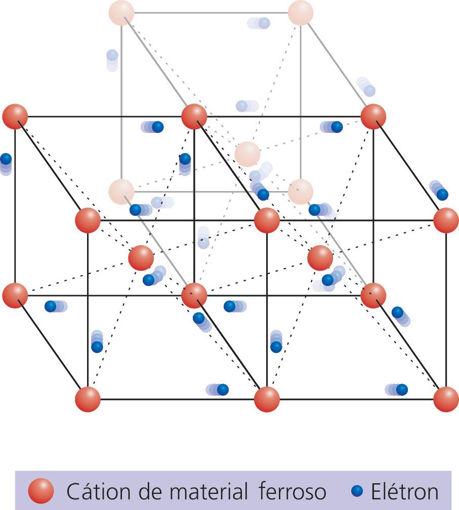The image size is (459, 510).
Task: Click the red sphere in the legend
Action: tap(41, 491)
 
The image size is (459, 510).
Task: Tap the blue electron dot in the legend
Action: tap(358, 490)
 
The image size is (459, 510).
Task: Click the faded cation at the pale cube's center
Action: tap(247, 154)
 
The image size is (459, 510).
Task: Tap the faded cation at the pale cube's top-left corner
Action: tap(121, 13)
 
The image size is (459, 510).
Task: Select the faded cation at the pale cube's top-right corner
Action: tap(301, 13)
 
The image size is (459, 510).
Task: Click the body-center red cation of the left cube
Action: tap(141, 258)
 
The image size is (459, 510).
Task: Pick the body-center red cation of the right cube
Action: tap(320, 258)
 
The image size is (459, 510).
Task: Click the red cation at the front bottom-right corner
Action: tap(446, 399)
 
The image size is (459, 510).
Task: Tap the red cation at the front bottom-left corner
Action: tap(88, 399)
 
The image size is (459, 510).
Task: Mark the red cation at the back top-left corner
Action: tap(15, 116)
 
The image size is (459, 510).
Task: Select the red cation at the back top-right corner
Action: tap(373, 116)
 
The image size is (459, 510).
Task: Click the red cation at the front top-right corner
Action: tap(446, 220)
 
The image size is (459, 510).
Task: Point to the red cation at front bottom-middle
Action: tap(267, 399)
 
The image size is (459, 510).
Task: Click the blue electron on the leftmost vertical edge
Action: tap(6, 159)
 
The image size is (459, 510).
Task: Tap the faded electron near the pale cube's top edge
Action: tap(263, 23)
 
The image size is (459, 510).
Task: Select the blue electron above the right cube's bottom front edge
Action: tap(402, 390)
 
